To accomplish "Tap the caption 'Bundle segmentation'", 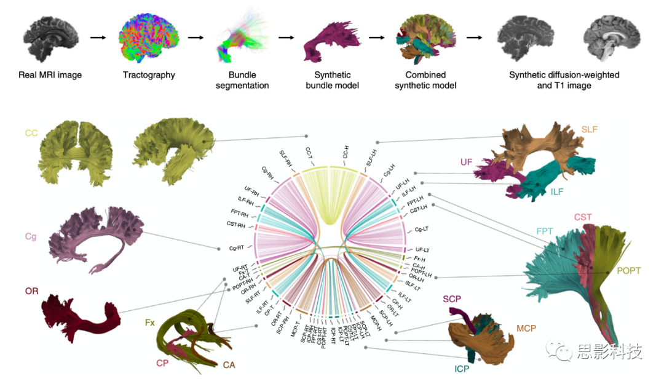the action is click(243, 80).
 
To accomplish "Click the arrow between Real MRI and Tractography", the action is click(98, 38).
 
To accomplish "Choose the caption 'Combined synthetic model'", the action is click(424, 80).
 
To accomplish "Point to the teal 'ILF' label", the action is click(556, 192).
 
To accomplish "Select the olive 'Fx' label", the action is click(149, 322).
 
